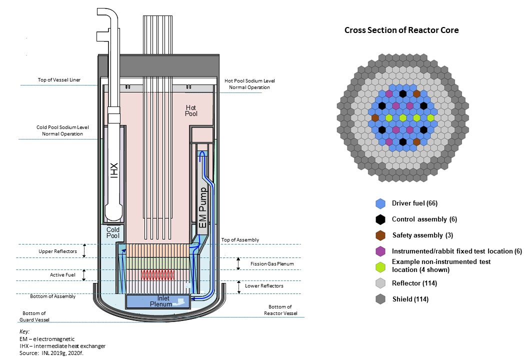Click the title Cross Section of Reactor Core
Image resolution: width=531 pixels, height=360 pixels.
(x=401, y=30)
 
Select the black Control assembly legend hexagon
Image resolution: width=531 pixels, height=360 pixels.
(x=380, y=219)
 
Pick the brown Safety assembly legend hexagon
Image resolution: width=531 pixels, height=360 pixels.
(x=380, y=235)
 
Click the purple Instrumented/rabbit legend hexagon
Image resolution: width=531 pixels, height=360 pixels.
(x=380, y=250)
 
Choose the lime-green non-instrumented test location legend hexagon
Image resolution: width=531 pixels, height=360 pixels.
(x=380, y=265)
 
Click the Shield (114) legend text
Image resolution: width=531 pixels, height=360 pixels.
(x=410, y=299)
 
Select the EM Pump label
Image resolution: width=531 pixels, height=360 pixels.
(x=202, y=207)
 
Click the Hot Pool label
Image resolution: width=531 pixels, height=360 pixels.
(x=191, y=110)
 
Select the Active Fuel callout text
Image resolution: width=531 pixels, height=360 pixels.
(x=62, y=274)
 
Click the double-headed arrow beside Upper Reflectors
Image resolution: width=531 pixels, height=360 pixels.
(x=84, y=250)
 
